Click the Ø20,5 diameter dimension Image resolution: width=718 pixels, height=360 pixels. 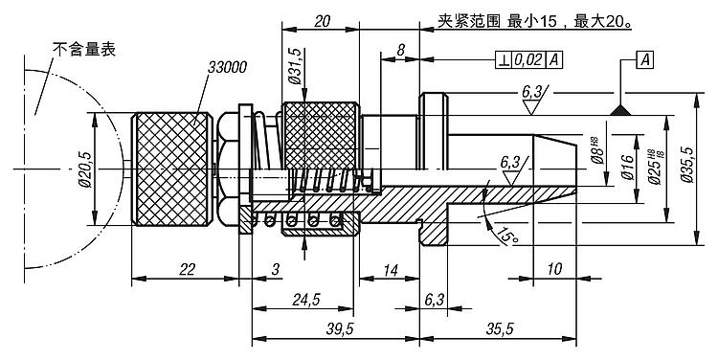[x=85, y=169]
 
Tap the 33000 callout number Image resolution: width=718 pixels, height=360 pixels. [x=227, y=67]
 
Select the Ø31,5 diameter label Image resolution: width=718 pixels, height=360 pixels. [x=295, y=65]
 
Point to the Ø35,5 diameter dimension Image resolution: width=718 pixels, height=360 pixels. [x=686, y=165]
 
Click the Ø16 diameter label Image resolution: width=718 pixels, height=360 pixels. [x=628, y=168]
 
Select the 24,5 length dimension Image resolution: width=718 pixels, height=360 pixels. [x=305, y=300]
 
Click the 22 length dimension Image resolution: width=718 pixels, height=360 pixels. [x=188, y=269]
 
